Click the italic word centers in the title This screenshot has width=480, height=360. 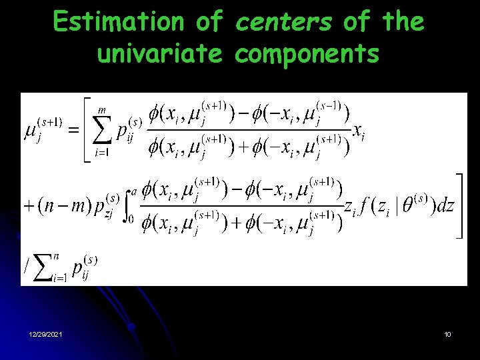coord(283,23)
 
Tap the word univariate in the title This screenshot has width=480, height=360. coord(159,54)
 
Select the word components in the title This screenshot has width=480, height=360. coord(307,54)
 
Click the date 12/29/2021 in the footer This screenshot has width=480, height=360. coord(46,334)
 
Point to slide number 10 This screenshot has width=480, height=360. coord(447,334)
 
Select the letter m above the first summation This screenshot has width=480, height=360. coord(102,111)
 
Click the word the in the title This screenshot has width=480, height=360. coord(403,23)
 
